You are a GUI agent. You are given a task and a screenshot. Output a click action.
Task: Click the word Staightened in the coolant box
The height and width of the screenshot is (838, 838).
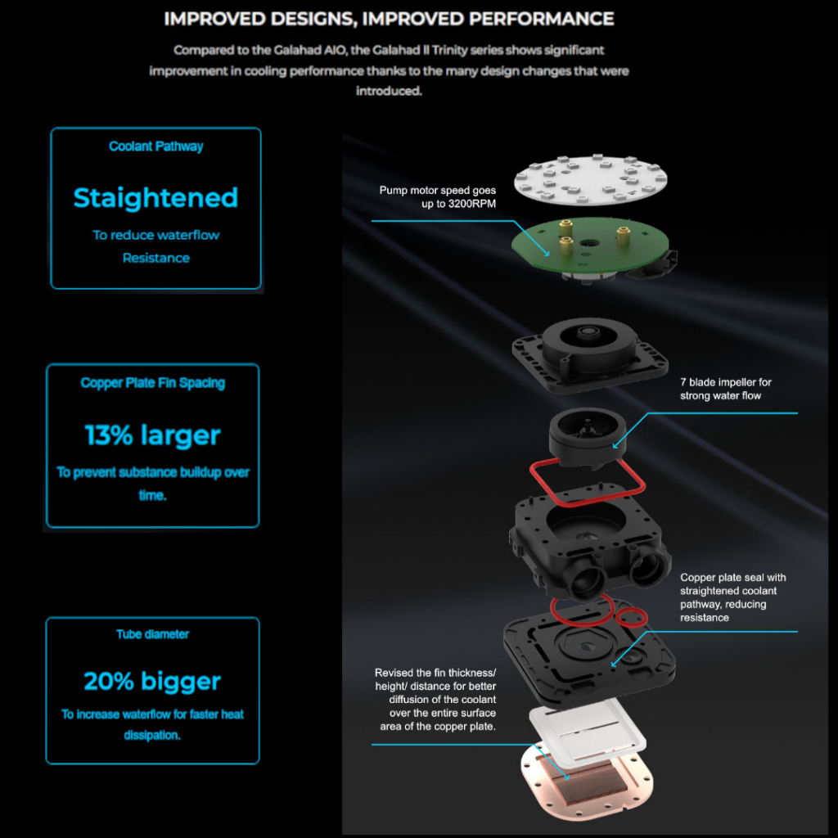155,198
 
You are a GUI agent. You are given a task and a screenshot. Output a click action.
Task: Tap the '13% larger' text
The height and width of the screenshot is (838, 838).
153,435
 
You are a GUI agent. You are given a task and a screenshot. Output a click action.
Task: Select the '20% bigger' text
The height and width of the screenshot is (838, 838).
152,682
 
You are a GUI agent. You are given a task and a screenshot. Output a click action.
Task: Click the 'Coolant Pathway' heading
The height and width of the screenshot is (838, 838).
156,146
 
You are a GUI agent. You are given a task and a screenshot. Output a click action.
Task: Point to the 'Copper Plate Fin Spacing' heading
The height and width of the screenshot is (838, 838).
153,383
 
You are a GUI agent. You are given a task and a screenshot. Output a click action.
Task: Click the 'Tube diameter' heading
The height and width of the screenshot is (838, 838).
153,634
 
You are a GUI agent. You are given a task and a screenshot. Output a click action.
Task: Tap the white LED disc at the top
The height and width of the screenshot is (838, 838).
591,179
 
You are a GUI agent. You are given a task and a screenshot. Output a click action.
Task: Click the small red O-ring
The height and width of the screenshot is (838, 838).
631,618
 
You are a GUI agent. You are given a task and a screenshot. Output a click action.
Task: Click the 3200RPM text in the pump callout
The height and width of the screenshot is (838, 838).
458,204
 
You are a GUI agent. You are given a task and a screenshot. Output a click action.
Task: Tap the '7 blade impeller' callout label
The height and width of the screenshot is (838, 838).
726,389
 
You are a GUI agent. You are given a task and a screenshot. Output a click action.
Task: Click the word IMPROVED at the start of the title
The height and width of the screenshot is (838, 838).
215,20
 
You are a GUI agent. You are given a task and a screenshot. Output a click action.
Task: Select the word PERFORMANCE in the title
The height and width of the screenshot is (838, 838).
542,20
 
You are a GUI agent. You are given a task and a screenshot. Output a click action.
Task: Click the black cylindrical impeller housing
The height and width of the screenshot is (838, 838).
588,435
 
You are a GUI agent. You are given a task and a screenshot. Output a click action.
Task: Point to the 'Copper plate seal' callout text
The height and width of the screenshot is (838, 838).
732,597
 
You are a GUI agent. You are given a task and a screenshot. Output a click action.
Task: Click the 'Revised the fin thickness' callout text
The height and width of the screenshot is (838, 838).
435,700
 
